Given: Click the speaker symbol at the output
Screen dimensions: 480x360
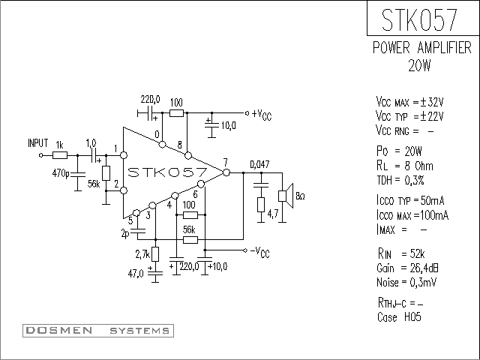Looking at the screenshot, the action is point(286,196).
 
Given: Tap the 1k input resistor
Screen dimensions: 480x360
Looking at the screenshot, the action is point(60,155).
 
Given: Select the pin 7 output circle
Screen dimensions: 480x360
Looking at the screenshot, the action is point(226,172).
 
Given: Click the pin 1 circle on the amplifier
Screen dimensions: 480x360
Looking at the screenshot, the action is point(124,155).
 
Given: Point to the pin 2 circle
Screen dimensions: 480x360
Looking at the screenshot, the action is point(124,190).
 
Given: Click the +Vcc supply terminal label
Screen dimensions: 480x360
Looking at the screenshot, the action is point(262,115).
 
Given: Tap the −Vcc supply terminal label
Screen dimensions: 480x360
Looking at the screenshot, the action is point(260,252).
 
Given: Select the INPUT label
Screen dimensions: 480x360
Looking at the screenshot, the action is point(38,143).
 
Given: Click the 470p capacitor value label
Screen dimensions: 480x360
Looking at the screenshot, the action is point(61,173).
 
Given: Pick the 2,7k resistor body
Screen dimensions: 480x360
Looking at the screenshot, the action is point(155,254).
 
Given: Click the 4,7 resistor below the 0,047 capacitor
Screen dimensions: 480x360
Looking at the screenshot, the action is point(261,205).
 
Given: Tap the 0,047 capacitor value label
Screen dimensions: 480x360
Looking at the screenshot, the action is point(260,164).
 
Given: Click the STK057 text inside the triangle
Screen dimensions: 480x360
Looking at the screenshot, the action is point(167,172).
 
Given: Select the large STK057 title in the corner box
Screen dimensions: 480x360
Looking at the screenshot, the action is point(419,19).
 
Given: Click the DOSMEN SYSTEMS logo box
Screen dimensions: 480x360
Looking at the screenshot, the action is point(98,331).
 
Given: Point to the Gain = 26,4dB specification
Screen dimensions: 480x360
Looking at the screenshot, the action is point(407,268).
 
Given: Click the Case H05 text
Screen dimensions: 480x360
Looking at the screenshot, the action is point(399,316).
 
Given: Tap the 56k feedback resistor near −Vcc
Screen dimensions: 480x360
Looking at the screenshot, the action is point(190,240).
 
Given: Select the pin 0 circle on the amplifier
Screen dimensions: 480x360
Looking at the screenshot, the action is point(163,144).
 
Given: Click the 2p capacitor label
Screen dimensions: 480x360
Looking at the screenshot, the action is point(125,234).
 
